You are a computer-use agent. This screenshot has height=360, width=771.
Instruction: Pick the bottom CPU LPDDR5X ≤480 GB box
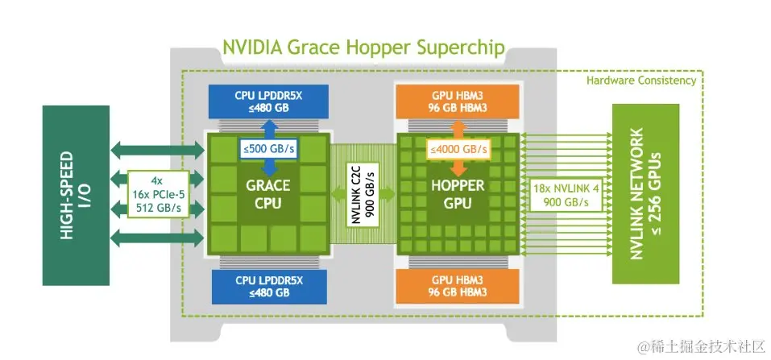[268, 286]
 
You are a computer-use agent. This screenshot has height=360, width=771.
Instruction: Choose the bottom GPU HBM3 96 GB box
[456, 286]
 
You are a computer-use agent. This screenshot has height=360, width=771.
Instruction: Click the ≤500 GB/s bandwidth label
[268, 149]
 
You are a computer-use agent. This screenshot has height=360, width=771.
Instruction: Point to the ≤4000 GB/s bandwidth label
[456, 149]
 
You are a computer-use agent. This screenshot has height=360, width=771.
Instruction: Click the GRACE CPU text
[268, 193]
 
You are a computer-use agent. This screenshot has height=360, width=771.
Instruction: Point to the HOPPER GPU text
[456, 193]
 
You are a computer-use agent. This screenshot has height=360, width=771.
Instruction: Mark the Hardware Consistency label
[640, 81]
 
